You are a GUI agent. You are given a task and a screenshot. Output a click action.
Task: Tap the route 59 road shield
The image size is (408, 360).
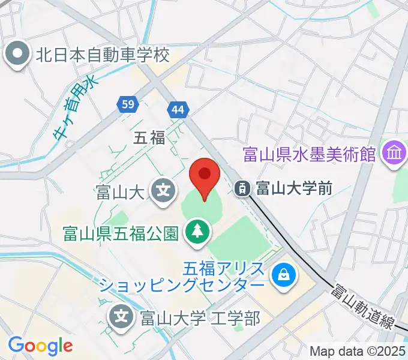(x=127, y=104)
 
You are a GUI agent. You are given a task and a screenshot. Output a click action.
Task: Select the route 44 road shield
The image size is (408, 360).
(x=178, y=110)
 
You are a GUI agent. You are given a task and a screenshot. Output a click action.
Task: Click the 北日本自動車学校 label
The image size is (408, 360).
(x=103, y=55)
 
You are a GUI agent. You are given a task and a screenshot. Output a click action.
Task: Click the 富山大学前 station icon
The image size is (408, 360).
(x=243, y=188)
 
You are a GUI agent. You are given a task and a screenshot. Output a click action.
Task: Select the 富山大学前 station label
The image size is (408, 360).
(x=294, y=188)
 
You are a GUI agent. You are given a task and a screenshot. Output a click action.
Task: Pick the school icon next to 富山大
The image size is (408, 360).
(x=163, y=192)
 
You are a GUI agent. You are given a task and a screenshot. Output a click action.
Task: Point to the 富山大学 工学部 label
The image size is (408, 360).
(x=200, y=317)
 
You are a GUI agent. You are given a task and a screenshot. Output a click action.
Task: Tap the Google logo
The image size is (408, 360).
(x=40, y=346)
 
